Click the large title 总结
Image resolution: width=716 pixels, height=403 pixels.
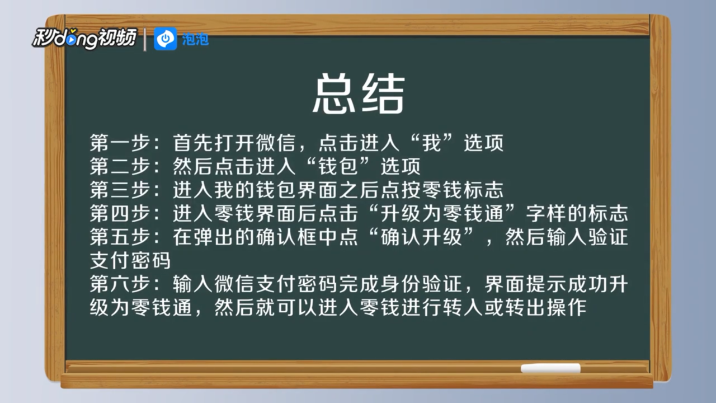(x=359, y=93)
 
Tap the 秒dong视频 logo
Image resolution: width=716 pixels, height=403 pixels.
(x=84, y=39)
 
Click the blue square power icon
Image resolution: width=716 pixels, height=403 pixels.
(x=165, y=39)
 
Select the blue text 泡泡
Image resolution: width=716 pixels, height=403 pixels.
(x=195, y=39)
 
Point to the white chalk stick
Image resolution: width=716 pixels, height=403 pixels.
(x=550, y=368)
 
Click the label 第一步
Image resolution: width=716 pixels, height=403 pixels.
(x=120, y=143)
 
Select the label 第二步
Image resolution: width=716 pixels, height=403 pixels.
(x=120, y=166)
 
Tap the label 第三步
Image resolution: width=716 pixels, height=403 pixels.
(x=120, y=190)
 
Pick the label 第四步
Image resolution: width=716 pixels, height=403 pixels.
(x=120, y=214)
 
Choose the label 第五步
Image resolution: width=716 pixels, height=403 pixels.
(x=120, y=237)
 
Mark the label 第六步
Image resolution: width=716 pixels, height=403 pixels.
(x=120, y=284)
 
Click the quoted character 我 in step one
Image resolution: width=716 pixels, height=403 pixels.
(x=432, y=143)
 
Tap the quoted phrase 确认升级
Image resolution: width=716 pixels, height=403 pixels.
(x=421, y=237)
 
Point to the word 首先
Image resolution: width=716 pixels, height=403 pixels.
(x=193, y=143)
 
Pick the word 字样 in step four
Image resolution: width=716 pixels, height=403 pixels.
(x=546, y=214)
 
